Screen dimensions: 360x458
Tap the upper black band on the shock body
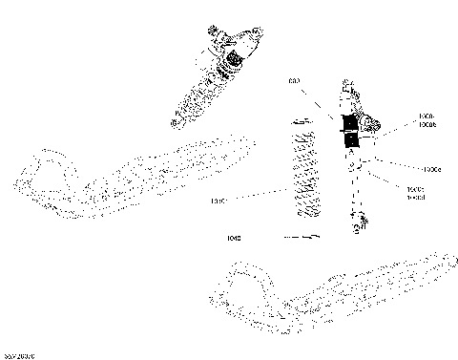click(349, 121)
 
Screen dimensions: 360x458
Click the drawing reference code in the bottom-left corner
click(19, 354)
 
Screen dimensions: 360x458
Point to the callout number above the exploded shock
click(295, 81)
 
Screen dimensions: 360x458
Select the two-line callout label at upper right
click(427, 120)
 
